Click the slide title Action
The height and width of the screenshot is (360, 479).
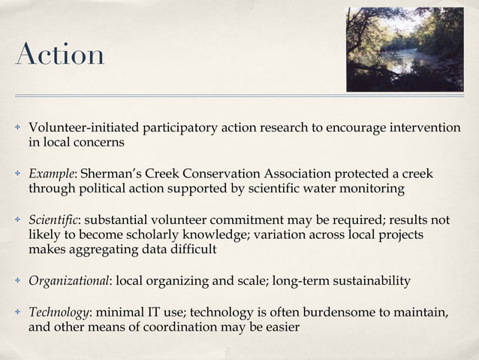59,56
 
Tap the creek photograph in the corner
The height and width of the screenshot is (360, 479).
405,50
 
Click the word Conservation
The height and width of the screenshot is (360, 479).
212,174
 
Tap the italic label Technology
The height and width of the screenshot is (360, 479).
57,313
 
